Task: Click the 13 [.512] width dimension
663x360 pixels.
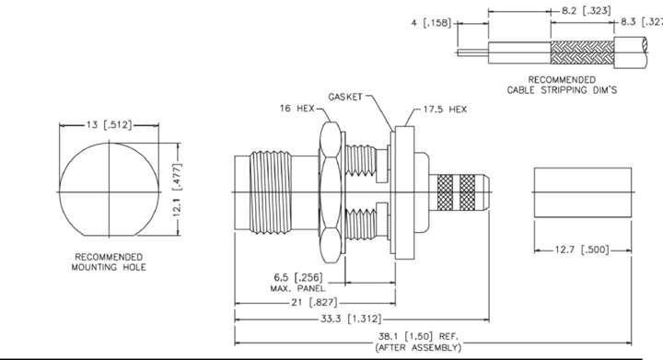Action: pos(109,124)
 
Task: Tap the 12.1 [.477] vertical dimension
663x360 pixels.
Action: pos(178,190)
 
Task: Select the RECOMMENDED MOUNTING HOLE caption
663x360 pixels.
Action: pos(109,262)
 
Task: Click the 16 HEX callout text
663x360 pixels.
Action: pos(297,109)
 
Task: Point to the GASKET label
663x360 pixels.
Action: pos(345,97)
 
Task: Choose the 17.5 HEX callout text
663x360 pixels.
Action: pos(446,110)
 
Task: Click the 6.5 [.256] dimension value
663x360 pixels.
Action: pos(298,277)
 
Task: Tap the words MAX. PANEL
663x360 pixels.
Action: pos(298,288)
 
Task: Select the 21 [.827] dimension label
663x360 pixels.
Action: pos(313,303)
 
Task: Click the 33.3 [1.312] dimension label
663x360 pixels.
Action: pos(351,319)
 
